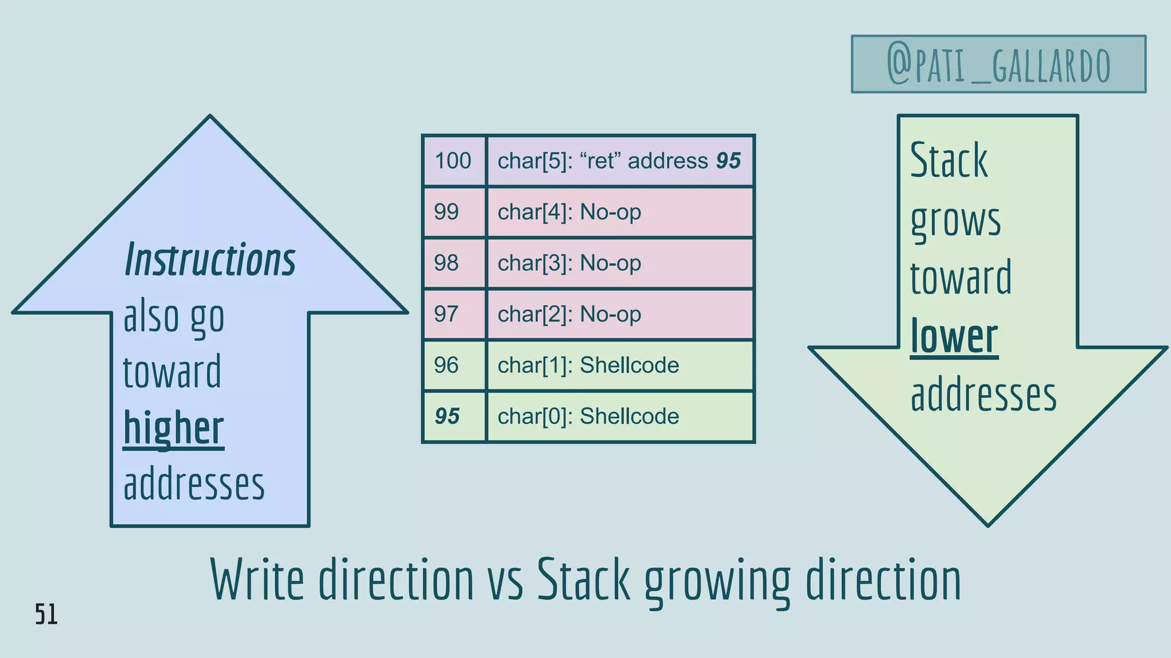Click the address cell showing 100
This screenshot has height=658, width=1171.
pyautogui.click(x=453, y=161)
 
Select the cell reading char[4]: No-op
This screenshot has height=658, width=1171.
pyautogui.click(x=620, y=212)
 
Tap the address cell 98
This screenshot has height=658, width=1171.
pyautogui.click(x=453, y=263)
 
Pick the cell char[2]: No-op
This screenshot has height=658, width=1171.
pyautogui.click(x=620, y=314)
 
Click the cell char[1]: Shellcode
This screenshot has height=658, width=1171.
pyautogui.click(x=620, y=366)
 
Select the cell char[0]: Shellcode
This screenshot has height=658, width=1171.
pyautogui.click(x=620, y=416)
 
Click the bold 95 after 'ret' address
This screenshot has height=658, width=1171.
pyautogui.click(x=728, y=161)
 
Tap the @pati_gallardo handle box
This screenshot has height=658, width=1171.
pyautogui.click(x=998, y=64)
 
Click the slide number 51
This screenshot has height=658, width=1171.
pyautogui.click(x=46, y=615)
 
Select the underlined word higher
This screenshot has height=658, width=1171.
pyautogui.click(x=174, y=428)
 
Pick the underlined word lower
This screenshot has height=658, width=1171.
pyautogui.click(x=954, y=337)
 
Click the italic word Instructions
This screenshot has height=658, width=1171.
pyautogui.click(x=210, y=260)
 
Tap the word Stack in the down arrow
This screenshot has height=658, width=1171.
pyautogui.click(x=949, y=161)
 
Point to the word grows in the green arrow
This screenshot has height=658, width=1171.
pyautogui.click(x=955, y=221)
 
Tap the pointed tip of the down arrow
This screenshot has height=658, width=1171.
pyautogui.click(x=988, y=522)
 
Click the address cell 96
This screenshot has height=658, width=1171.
pyautogui.click(x=453, y=366)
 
